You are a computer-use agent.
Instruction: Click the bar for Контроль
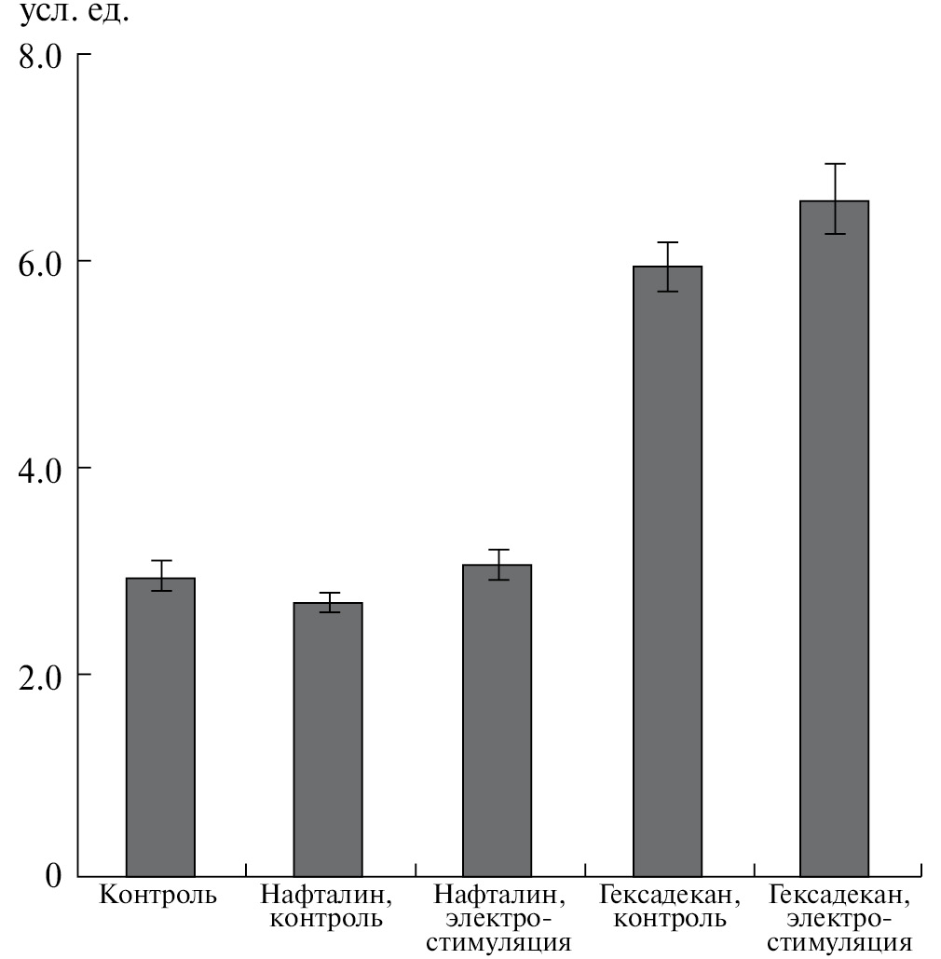click(160, 727)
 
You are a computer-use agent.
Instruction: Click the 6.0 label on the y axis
click(40, 262)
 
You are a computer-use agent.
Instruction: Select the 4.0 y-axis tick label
click(40, 468)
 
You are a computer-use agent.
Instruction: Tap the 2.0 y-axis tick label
click(40, 674)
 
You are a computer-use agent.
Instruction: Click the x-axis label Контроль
click(158, 897)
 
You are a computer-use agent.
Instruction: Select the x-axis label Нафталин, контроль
click(327, 908)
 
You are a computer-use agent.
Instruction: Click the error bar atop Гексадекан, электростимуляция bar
click(835, 199)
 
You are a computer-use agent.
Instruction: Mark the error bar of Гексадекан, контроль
click(667, 267)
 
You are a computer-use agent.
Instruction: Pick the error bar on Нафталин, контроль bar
click(329, 602)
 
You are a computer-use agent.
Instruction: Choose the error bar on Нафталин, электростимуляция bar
click(498, 564)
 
